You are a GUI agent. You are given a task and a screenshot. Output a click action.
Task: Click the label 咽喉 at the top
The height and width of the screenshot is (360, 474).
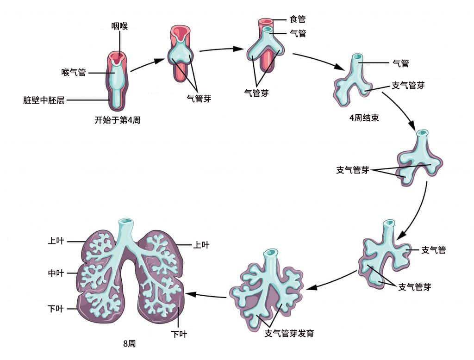[119, 26]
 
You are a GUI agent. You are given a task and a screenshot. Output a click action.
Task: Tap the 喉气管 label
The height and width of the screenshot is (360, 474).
[74, 73]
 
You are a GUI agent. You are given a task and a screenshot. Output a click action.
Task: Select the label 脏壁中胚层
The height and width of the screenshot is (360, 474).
[44, 100]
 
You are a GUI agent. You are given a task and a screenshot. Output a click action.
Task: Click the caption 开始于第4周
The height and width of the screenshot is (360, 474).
[117, 120]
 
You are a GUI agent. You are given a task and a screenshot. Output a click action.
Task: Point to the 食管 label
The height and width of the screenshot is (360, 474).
[298, 19]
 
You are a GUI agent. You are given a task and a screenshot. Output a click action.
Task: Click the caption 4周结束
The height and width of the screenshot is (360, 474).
[364, 118]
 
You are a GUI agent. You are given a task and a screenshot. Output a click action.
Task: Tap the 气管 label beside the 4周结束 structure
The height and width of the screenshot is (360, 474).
[400, 63]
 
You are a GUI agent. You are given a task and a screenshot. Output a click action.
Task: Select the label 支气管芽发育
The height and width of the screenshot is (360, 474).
[289, 333]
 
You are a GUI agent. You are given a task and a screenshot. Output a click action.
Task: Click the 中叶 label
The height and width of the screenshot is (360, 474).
[56, 273]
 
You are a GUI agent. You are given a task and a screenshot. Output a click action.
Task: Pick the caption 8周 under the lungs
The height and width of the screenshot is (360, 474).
[130, 344]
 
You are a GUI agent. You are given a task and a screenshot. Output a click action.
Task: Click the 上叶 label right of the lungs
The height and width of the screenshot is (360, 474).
[201, 245]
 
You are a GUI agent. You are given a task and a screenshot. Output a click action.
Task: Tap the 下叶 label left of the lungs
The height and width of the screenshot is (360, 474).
[56, 309]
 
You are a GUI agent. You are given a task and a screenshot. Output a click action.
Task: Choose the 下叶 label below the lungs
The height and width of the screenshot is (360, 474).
[179, 334]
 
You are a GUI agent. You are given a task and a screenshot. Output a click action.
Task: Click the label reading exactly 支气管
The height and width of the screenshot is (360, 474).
[433, 250]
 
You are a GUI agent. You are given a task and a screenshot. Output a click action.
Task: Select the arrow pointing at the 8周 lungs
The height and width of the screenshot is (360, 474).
[206, 295]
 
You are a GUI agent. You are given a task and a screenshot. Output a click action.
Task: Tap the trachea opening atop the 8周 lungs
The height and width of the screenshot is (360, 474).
[126, 222]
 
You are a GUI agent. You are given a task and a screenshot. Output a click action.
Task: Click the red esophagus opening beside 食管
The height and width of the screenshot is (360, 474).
[265, 21]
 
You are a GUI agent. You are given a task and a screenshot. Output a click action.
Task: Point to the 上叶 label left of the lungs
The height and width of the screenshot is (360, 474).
[56, 241]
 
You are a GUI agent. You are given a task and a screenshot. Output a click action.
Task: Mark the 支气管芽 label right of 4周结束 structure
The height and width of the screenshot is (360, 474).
[408, 86]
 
